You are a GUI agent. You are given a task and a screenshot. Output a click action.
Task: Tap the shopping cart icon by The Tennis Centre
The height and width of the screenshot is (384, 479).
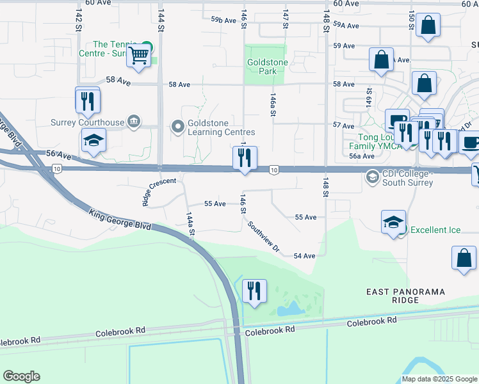[138, 56]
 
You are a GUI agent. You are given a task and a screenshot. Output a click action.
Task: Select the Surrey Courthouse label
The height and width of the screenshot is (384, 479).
[87, 122]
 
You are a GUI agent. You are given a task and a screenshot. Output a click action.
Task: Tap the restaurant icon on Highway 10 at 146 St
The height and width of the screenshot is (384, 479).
[244, 159]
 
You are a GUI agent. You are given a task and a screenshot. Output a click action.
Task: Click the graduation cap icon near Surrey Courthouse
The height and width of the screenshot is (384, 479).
[93, 141]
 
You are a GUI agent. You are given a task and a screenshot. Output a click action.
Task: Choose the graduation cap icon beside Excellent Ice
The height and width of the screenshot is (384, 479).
[393, 223]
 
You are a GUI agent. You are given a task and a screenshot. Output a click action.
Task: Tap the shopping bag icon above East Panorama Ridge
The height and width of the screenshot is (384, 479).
[464, 259]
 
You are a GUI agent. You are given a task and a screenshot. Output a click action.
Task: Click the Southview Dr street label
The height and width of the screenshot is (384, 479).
[264, 236]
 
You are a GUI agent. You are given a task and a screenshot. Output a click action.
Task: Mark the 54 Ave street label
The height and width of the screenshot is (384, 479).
[304, 256]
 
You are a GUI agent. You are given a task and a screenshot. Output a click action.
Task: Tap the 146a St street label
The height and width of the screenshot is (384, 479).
[273, 104]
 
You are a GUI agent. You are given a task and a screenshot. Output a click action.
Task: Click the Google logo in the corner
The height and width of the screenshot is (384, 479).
[22, 376]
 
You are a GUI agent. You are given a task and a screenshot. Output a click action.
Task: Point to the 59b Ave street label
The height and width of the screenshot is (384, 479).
[224, 20]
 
